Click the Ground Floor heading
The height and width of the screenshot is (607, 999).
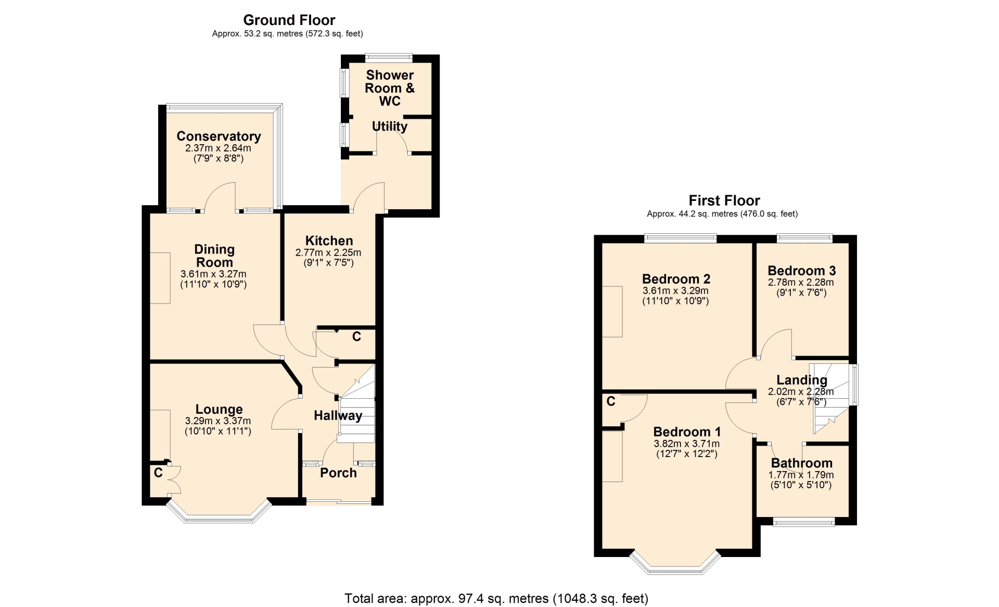(289, 20)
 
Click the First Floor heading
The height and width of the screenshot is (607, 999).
(724, 200)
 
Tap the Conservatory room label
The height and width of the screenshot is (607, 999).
(219, 136)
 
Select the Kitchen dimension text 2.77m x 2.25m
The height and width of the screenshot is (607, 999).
(328, 252)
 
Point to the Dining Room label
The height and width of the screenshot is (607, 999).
(214, 256)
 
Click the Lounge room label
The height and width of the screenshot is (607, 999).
(219, 410)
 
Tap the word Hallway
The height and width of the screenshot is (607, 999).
(338, 415)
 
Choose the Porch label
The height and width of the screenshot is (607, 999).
(338, 473)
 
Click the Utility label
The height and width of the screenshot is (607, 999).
(390, 127)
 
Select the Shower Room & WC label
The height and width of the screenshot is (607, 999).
(390, 88)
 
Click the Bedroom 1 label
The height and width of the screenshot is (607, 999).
(687, 432)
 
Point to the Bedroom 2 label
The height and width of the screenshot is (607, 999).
(676, 279)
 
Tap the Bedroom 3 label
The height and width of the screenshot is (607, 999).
(802, 271)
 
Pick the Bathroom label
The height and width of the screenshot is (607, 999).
(802, 463)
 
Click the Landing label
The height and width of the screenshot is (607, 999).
(802, 381)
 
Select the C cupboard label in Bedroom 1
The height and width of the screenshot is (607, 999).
(611, 401)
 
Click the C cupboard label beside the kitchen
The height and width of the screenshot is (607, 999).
(356, 337)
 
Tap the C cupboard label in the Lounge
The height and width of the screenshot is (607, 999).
(158, 473)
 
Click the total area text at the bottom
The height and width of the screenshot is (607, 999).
(496, 599)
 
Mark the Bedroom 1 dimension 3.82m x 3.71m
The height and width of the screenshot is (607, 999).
(687, 444)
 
